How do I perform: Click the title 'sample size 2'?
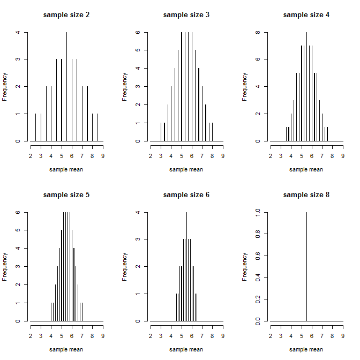[x=66, y=14]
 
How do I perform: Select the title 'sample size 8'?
[x=306, y=194]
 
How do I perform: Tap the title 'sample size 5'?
[x=66, y=194]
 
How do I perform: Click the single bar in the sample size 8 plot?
[x=306, y=268]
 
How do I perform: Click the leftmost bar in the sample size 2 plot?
[x=35, y=127]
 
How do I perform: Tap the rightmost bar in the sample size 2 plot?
[x=97, y=127]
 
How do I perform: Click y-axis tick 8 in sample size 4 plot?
[x=258, y=32]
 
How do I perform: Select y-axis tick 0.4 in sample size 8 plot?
[x=258, y=277]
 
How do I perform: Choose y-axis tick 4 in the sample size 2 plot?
[x=18, y=32]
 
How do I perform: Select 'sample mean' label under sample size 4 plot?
[x=306, y=169]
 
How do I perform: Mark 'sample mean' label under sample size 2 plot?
[x=66, y=169]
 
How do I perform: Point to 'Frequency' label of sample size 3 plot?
[x=125, y=87]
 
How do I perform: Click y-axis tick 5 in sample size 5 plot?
[x=18, y=230]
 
